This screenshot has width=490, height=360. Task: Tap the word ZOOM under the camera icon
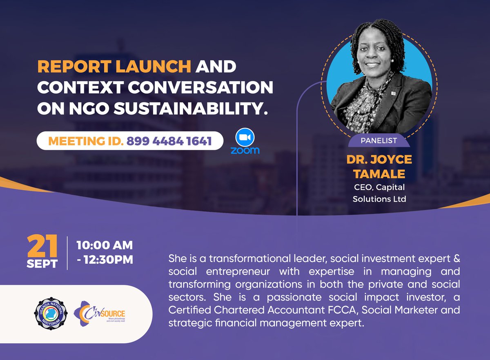point(245,151)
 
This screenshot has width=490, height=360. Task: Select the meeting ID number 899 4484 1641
point(169,141)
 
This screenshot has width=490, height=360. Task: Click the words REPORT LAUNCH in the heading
point(114,67)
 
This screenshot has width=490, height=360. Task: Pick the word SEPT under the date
point(42,263)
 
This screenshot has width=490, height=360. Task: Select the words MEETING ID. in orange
point(85,141)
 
